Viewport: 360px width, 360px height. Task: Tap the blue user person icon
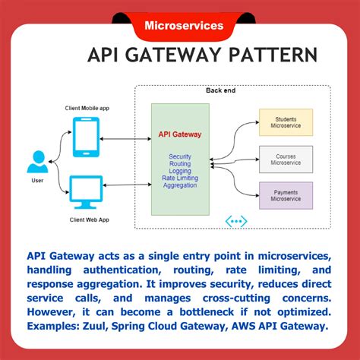36,162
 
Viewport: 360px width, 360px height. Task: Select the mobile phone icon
87,137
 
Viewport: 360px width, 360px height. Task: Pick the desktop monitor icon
86,191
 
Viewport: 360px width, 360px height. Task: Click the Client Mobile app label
87,108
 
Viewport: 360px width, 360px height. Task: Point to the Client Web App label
87,219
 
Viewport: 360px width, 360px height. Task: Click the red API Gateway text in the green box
180,134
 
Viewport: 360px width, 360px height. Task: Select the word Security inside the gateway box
180,156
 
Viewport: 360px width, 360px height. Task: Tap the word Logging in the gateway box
180,171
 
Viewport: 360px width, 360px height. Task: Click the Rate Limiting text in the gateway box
180,178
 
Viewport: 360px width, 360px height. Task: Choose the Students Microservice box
286,122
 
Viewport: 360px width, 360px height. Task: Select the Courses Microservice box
286,159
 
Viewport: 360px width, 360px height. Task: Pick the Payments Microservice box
286,195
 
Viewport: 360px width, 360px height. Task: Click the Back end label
221,90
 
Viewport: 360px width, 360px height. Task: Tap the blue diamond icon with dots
236,221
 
